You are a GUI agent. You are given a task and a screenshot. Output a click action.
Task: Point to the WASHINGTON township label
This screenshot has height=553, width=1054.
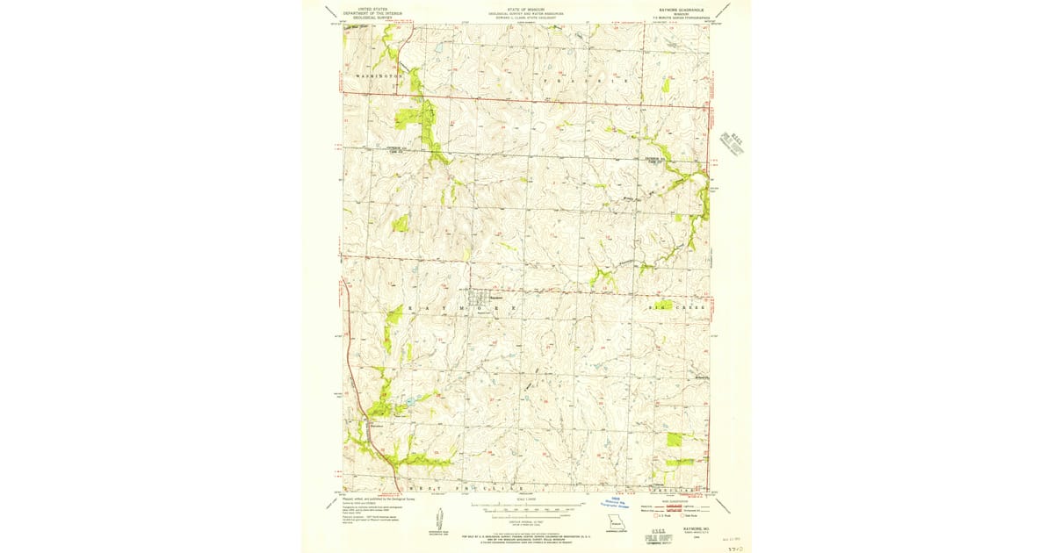click(380, 78)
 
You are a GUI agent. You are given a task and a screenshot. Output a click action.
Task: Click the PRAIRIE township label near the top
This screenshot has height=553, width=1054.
click(585, 80)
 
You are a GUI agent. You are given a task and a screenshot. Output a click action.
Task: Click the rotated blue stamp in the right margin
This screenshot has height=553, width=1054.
click(732, 142)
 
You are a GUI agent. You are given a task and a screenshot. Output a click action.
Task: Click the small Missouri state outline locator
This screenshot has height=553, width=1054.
click(615, 530)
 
